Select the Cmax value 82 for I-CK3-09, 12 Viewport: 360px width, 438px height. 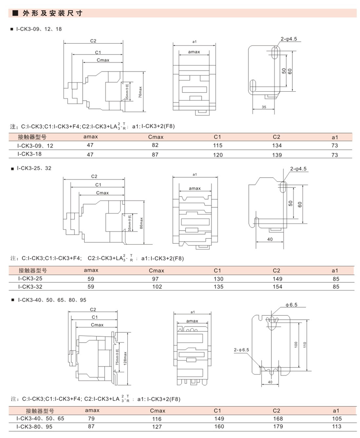(156, 146)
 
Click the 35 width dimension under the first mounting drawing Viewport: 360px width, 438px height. (264, 107)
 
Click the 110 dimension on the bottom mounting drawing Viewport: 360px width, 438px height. (305, 344)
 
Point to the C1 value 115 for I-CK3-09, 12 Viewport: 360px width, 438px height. (217, 146)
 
